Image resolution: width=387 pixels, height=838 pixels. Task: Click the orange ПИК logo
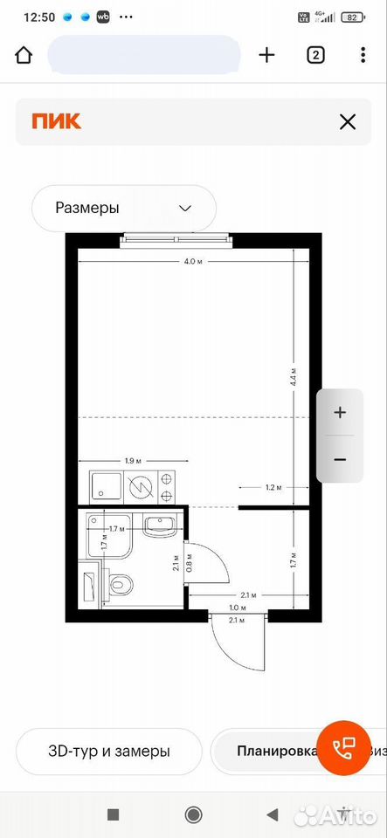click(56, 122)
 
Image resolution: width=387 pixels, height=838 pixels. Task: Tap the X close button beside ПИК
click(348, 122)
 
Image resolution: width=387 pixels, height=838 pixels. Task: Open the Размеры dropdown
click(124, 208)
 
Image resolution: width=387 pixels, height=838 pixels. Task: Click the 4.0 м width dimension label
click(193, 261)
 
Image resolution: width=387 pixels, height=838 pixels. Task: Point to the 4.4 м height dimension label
click(294, 378)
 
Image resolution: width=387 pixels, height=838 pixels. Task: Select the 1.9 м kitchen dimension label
click(133, 460)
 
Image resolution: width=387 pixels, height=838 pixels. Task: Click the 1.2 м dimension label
click(273, 487)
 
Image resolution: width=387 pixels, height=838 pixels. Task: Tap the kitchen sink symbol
click(107, 486)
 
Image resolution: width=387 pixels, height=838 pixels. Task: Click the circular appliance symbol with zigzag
click(142, 487)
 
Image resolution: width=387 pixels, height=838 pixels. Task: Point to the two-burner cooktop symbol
click(167, 486)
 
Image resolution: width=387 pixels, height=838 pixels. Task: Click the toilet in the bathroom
click(118, 584)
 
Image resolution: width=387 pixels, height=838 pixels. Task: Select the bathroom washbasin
click(159, 525)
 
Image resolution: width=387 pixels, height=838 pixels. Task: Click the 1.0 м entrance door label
click(238, 608)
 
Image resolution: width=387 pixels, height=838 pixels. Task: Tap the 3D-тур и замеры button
click(109, 751)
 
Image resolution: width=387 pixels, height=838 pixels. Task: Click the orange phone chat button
click(343, 746)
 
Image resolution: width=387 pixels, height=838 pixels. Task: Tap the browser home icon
click(24, 55)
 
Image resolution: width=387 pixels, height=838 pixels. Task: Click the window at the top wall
click(176, 240)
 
